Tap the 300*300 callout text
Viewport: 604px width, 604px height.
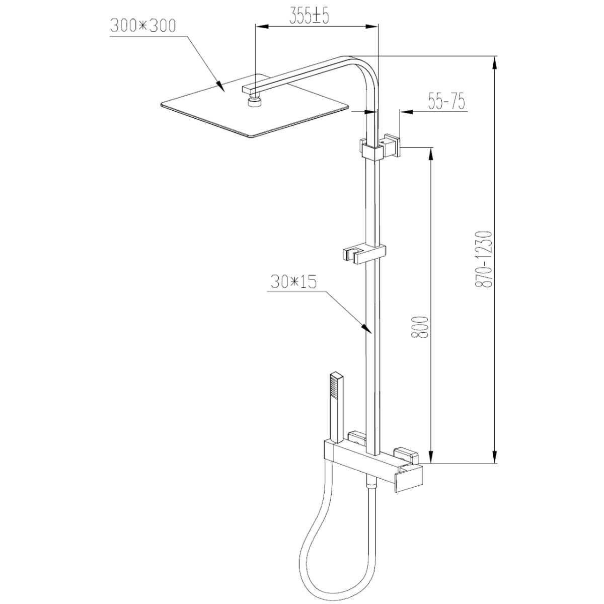pyautogui.click(x=143, y=26)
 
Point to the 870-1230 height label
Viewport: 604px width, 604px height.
pyautogui.click(x=482, y=259)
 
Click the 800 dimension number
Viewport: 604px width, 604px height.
pyautogui.click(x=419, y=327)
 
